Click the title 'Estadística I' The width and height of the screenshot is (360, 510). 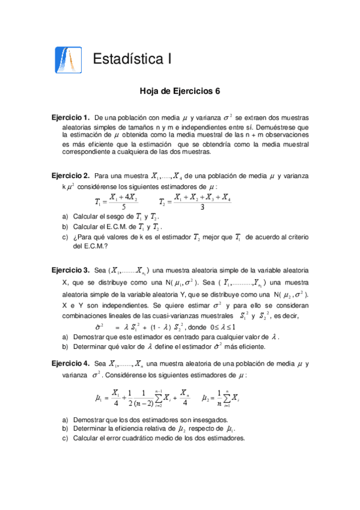[x=132, y=59]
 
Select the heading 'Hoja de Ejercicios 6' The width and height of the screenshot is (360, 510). [x=180, y=92]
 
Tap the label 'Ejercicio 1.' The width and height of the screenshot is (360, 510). [x=70, y=117]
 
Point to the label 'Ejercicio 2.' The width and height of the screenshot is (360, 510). [x=70, y=176]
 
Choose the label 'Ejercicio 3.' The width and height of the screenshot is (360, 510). [x=70, y=270]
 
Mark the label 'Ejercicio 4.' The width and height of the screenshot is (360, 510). [x=70, y=363]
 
